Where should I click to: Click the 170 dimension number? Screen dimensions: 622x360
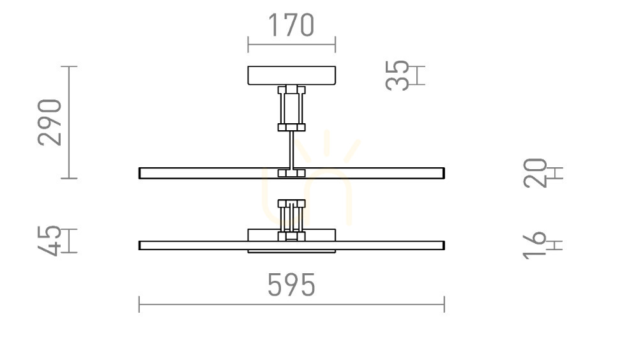[x=292, y=25]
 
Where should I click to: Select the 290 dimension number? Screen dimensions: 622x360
[x=50, y=123]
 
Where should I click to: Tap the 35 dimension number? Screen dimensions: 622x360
[x=397, y=75]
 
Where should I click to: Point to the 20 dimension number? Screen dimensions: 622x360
[x=535, y=173]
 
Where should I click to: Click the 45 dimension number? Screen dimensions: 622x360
[x=50, y=241]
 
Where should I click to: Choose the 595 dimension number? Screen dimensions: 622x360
[x=292, y=285]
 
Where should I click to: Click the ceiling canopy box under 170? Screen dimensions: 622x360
[x=292, y=75]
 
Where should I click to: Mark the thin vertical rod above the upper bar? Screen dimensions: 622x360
[x=292, y=150]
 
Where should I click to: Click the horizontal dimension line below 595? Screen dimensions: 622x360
[x=292, y=304]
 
